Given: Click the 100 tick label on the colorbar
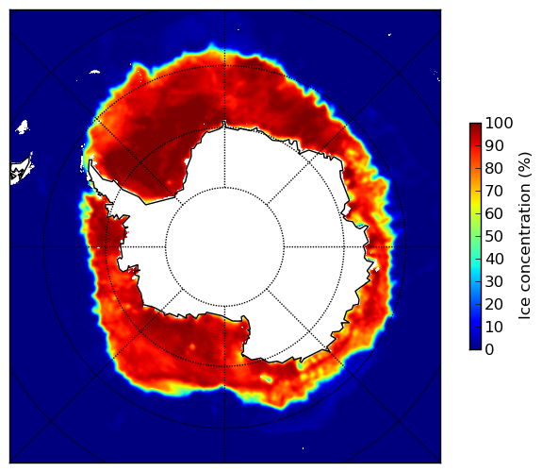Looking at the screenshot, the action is click(x=499, y=124).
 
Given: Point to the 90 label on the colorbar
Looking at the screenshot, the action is click(x=494, y=145).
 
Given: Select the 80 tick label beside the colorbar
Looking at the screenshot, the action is click(x=494, y=169).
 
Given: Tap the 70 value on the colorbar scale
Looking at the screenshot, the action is click(x=494, y=191).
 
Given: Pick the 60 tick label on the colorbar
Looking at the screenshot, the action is click(x=494, y=213).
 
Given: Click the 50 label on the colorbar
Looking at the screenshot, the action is click(x=494, y=237).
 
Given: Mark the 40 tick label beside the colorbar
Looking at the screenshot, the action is click(x=494, y=259).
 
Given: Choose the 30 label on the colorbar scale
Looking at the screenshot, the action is click(x=494, y=282).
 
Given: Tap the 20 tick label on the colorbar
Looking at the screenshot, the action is click(x=494, y=304).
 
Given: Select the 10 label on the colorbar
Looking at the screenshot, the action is click(x=494, y=327).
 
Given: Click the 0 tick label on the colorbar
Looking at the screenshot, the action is click(x=489, y=350).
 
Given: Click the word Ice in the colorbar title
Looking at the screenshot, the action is click(x=525, y=309).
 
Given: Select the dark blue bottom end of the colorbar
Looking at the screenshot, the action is click(x=475, y=347).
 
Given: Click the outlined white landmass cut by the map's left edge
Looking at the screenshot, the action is click(x=20, y=171).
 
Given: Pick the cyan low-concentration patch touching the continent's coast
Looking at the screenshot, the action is click(x=301, y=365).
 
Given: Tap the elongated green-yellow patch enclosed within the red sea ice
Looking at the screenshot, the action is click(x=266, y=379).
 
